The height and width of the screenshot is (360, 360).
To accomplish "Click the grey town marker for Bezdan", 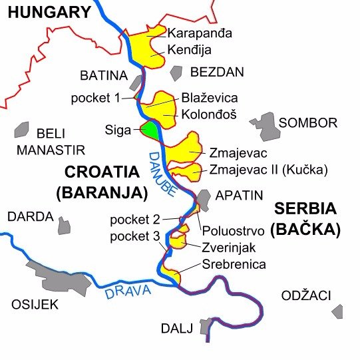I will tap(176, 73).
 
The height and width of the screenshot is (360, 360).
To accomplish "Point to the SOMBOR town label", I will tap(308, 123).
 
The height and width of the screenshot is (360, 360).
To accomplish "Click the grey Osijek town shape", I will tap(67, 283).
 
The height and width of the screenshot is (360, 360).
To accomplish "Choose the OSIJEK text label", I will tap(35, 305).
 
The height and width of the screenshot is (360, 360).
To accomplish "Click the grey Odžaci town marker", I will tap(339, 311).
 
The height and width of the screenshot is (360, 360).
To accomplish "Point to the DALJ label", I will tap(177, 328).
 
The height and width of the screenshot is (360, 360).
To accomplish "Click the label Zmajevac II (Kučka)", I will tap(268, 169).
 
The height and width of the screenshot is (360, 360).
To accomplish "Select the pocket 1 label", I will tap(96, 98).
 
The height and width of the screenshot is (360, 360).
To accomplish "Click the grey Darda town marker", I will tap(64, 225).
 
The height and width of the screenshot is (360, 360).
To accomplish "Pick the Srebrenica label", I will tap(234, 264).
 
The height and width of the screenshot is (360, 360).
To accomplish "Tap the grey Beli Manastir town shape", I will tap(23, 129).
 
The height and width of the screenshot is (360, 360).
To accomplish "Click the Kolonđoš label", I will tap(209, 114).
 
